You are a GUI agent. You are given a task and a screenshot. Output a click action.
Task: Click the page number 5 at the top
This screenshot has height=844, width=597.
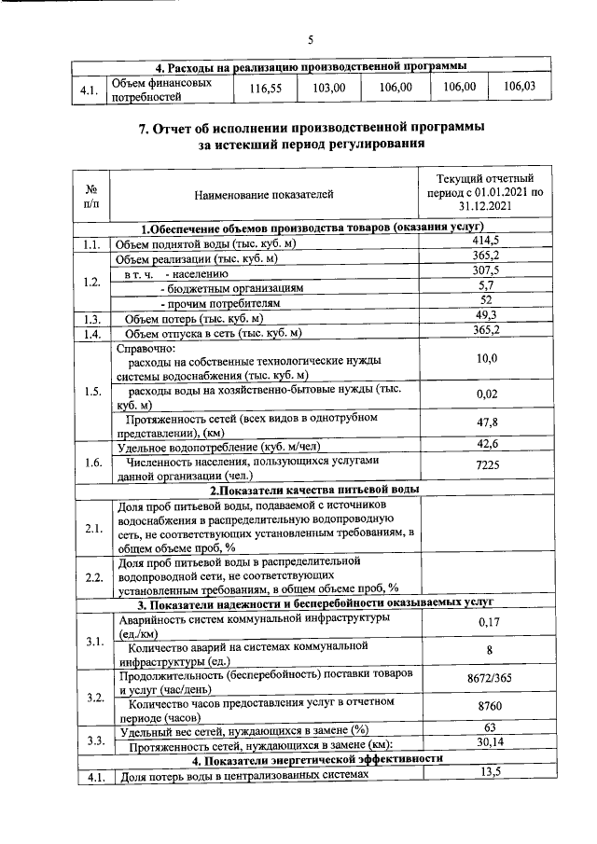pos(312,39)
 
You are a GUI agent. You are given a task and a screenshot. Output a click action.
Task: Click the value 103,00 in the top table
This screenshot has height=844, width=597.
pos(329,88)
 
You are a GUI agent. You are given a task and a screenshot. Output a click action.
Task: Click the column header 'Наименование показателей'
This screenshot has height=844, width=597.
pos(263,195)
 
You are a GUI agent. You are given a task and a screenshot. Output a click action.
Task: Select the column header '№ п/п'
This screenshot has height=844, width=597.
pos(91,195)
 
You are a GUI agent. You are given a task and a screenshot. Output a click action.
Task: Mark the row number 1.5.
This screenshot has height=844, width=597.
pos(91,391)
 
